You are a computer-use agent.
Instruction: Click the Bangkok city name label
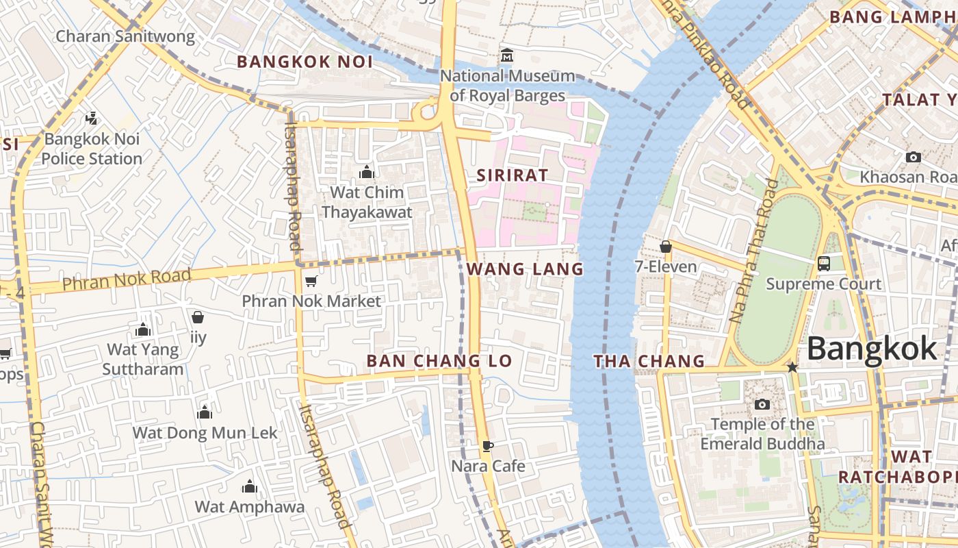[x=871, y=349]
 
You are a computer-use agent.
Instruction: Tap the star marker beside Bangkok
[x=792, y=367]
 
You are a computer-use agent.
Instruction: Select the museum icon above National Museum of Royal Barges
[x=507, y=55]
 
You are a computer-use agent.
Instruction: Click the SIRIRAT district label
[x=513, y=175]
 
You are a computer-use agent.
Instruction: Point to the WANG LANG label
[x=525, y=269]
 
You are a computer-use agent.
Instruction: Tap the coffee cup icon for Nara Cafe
[x=487, y=446]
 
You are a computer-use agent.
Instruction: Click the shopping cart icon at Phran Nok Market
[x=311, y=281]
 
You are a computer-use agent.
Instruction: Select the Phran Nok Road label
[x=127, y=279]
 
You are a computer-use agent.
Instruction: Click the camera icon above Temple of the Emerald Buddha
[x=762, y=404]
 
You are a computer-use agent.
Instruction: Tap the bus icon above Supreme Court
[x=824, y=263]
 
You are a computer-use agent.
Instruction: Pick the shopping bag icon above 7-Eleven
[x=665, y=247]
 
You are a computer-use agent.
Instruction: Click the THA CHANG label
[x=649, y=361]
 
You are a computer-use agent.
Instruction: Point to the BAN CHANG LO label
[x=439, y=361]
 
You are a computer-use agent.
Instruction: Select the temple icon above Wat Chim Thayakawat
[x=367, y=172]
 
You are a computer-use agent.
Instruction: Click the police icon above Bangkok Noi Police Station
[x=91, y=119]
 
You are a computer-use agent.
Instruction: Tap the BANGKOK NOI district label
[x=305, y=62]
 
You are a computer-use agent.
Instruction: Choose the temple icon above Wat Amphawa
[x=250, y=486]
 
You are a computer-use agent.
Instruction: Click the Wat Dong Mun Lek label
[x=205, y=433]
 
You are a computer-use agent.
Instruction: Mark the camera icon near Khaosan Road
[x=913, y=157]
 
